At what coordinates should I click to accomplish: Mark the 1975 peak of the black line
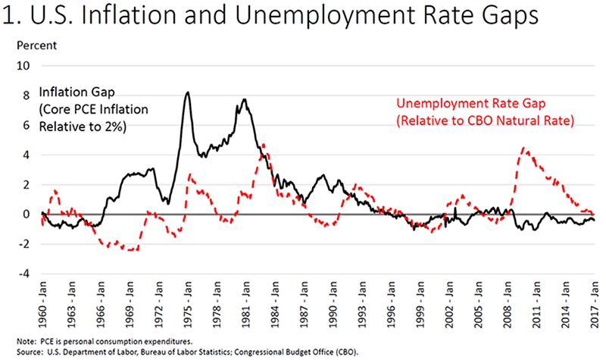[187, 92]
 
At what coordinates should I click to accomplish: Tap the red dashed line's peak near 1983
[263, 144]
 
